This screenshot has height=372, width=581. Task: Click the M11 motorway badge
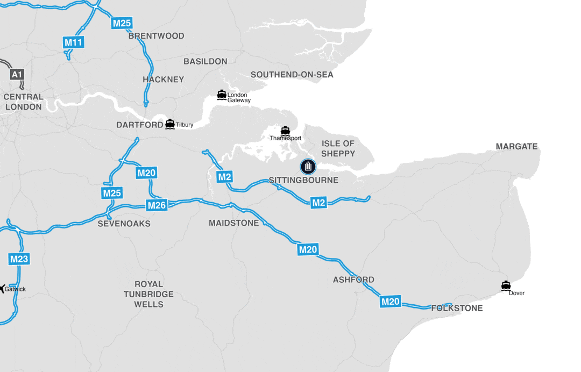[x=74, y=42]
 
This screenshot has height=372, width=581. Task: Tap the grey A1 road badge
[x=17, y=74]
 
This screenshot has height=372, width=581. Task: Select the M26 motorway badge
[x=157, y=205]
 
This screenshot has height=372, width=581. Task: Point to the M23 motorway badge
[x=19, y=260]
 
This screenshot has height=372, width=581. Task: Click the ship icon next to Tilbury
[x=170, y=124]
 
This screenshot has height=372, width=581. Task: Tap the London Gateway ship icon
[x=222, y=95]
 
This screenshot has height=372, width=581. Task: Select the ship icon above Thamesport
[x=285, y=131]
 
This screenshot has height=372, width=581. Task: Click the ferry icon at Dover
[x=506, y=286]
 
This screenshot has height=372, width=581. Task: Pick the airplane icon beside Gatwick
[x=2, y=289]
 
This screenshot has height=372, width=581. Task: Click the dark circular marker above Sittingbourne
[x=308, y=167]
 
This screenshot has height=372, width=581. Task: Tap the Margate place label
[x=516, y=146]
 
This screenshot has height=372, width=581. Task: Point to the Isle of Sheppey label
[x=338, y=148]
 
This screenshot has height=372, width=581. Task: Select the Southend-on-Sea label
[x=292, y=74]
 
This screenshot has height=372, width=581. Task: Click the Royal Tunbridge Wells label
[x=148, y=294]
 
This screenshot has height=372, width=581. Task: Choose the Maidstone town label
[x=233, y=223]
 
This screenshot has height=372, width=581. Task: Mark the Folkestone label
[x=457, y=308]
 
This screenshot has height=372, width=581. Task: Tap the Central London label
[x=23, y=102]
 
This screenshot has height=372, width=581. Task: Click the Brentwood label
[x=156, y=36]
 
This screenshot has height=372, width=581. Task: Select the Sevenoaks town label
[x=124, y=223]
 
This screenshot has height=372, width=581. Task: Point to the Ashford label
[x=353, y=280]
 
